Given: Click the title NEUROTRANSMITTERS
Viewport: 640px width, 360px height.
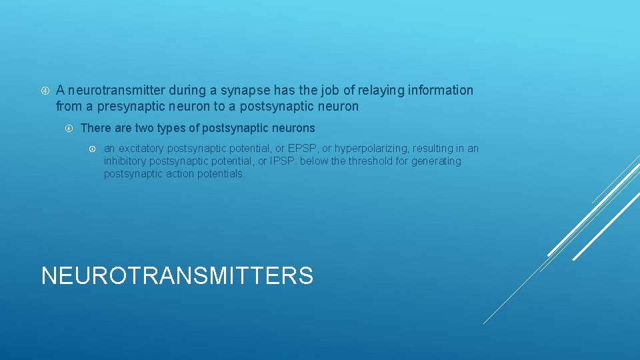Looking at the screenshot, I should click(x=177, y=275).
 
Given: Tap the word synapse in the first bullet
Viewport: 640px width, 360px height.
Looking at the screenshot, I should click(x=269, y=90).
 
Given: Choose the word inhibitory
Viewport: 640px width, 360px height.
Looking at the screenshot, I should click(x=125, y=161).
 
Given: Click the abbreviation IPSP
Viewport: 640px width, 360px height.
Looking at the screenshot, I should click(x=283, y=161).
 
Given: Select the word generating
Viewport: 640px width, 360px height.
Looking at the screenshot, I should click(x=437, y=161).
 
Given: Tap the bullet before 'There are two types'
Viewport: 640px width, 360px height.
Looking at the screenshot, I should click(x=69, y=128).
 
